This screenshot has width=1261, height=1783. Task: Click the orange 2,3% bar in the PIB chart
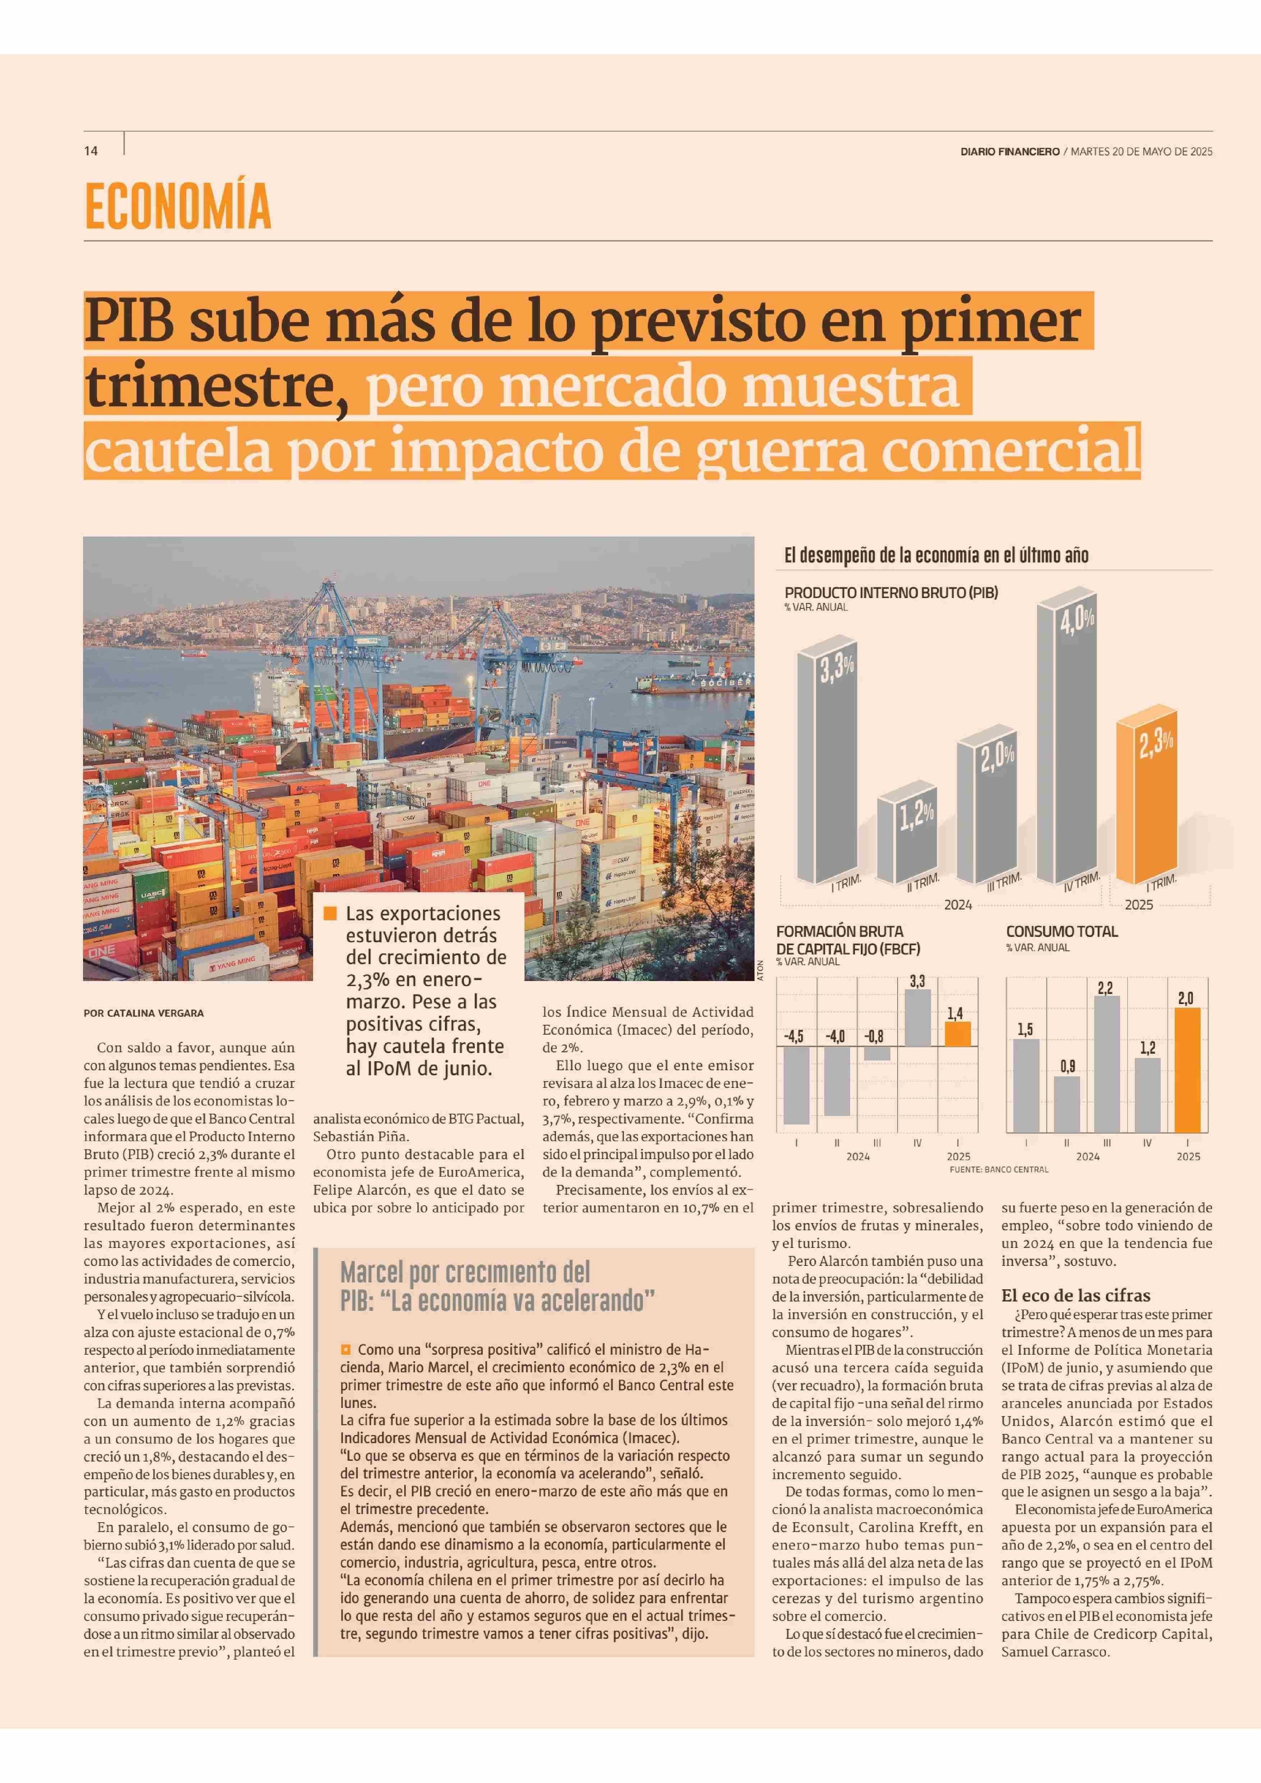1145,800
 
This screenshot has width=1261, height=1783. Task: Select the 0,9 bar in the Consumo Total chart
1067,1103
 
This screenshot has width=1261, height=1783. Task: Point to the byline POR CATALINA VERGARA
144,1013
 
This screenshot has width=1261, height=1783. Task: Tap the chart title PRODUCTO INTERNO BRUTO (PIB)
891,593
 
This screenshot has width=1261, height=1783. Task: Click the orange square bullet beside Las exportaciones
330,914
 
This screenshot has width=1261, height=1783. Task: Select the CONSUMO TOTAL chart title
1061,931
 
